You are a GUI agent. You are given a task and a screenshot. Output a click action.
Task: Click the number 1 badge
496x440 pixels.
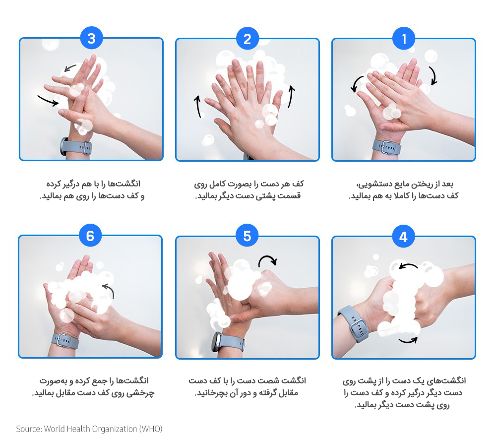[x=404, y=39]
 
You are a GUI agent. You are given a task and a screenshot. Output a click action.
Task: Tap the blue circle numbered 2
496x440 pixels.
[x=248, y=39]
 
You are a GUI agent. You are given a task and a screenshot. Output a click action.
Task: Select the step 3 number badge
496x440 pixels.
[x=91, y=38]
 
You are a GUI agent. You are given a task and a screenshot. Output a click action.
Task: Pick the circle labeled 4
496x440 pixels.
[x=403, y=237]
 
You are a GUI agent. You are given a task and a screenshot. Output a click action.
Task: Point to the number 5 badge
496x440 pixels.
[x=247, y=236]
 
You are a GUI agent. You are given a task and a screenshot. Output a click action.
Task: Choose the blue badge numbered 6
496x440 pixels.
[x=90, y=236]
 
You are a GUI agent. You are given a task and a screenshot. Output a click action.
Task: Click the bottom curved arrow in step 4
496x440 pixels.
[x=408, y=341]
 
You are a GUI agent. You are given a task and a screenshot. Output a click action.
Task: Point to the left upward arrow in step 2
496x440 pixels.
[x=198, y=106]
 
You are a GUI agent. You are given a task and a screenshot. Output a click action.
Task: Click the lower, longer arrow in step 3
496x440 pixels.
[x=48, y=101]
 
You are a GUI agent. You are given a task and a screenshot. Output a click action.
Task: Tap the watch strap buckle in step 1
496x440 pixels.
[x=386, y=147]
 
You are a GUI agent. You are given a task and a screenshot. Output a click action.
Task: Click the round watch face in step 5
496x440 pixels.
[x=217, y=342]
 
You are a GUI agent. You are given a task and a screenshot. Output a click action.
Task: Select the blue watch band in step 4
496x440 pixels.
[x=354, y=324]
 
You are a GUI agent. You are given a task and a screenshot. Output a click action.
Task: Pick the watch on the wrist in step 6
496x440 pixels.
[x=65, y=341]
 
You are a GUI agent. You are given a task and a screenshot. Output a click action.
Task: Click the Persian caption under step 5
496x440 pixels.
[x=248, y=386]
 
